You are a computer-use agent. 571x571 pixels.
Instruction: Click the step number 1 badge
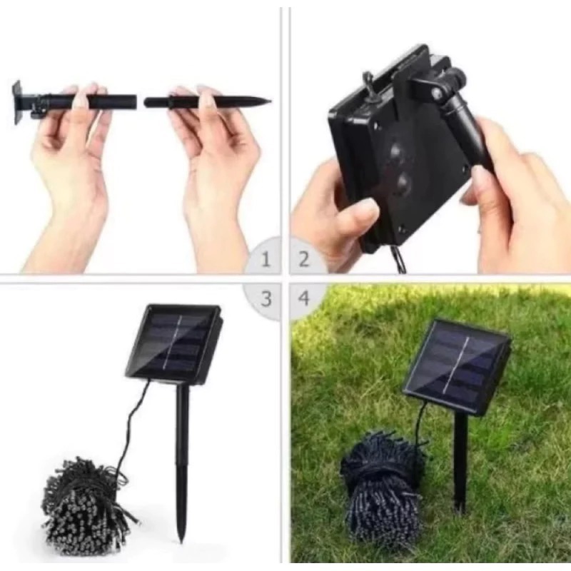click(x=266, y=259)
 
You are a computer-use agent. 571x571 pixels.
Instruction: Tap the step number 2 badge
click(x=304, y=259)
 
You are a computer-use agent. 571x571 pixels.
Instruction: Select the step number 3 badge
click(x=266, y=298)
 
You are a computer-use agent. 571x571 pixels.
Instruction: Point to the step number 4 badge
click(x=304, y=298)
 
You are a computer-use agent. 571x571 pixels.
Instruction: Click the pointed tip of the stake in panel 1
click(x=271, y=101)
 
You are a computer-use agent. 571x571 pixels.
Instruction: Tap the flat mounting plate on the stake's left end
click(x=17, y=103)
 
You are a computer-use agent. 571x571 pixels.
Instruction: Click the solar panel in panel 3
click(x=174, y=345)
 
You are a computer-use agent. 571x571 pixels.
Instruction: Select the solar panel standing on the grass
click(x=456, y=367)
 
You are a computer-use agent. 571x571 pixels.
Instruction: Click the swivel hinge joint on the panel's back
click(x=436, y=93)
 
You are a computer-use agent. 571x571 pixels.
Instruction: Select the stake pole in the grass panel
click(x=460, y=463)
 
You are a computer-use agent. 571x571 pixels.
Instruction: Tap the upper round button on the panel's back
click(x=397, y=151)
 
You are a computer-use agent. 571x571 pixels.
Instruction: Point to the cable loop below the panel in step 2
click(x=400, y=259)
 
